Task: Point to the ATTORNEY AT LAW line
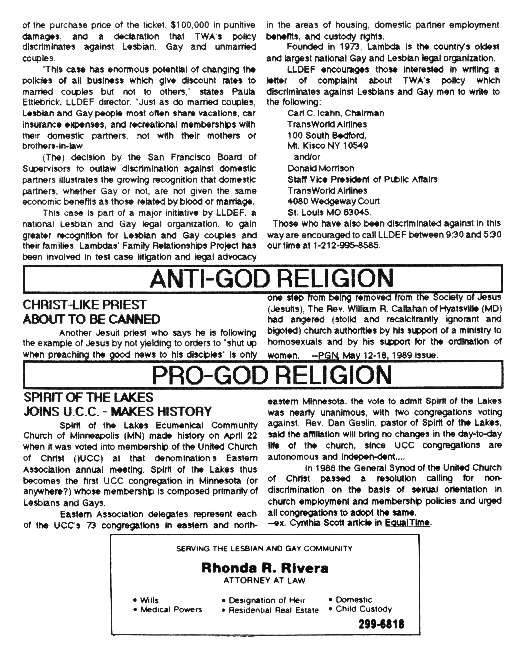265,580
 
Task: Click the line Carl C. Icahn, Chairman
335,113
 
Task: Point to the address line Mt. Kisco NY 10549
328,146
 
